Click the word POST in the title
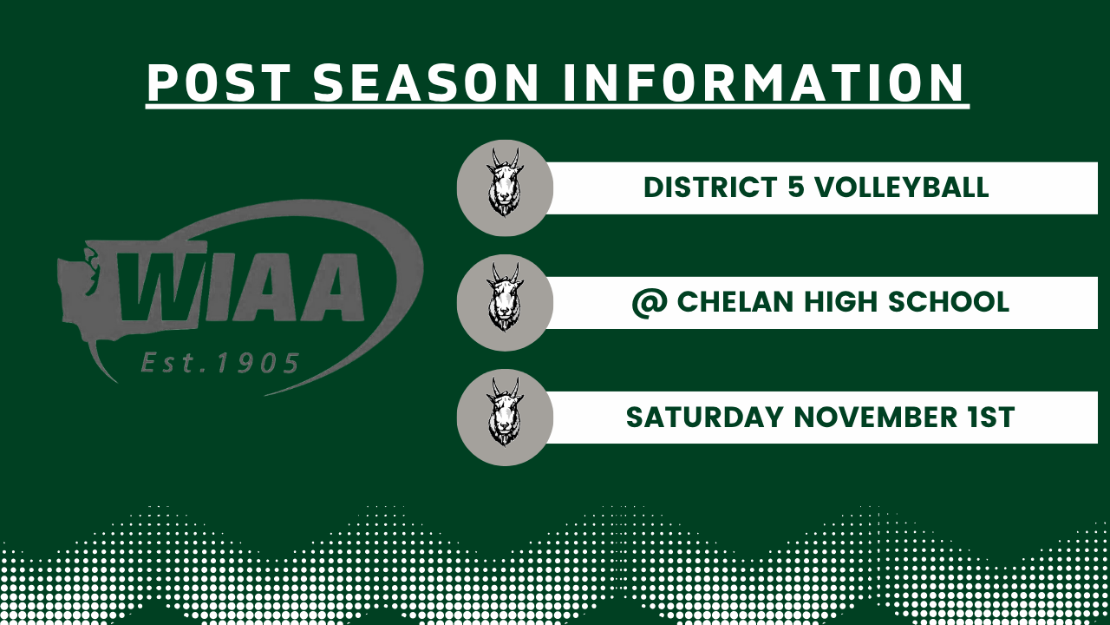218,82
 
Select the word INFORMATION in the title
764,82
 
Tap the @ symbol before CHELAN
649,302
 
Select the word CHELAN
736,302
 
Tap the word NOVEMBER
877,418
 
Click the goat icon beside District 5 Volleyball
505,187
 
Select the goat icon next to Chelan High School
505,302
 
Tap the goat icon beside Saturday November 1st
505,417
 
